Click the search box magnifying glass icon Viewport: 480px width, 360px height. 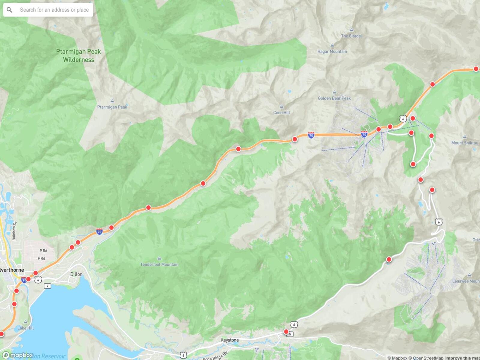click(x=9, y=10)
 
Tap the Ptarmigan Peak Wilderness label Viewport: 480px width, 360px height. click(x=79, y=55)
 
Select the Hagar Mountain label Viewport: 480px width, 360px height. click(x=332, y=51)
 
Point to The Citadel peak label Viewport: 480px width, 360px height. click(x=351, y=36)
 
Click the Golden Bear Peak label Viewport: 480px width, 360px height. click(x=334, y=98)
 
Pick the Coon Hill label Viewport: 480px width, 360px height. click(x=281, y=112)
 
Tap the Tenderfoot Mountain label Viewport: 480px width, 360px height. click(x=159, y=264)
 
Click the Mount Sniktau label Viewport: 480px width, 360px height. click(x=465, y=143)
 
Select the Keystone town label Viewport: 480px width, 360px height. click(x=229, y=340)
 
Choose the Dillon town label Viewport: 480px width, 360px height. click(x=76, y=274)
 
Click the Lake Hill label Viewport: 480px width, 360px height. click(x=25, y=328)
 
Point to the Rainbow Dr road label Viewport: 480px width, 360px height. click(x=14, y=231)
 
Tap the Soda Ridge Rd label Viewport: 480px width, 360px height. click(x=215, y=356)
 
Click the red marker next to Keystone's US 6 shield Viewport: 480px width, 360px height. click(x=286, y=331)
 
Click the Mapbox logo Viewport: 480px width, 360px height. click(x=18, y=355)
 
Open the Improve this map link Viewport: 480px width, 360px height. click(x=463, y=358)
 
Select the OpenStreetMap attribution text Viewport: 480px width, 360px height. click(x=426, y=358)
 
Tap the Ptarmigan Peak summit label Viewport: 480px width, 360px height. click(x=112, y=107)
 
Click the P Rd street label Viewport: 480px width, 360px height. click(x=43, y=250)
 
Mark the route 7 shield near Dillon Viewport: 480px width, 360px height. click(x=47, y=286)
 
